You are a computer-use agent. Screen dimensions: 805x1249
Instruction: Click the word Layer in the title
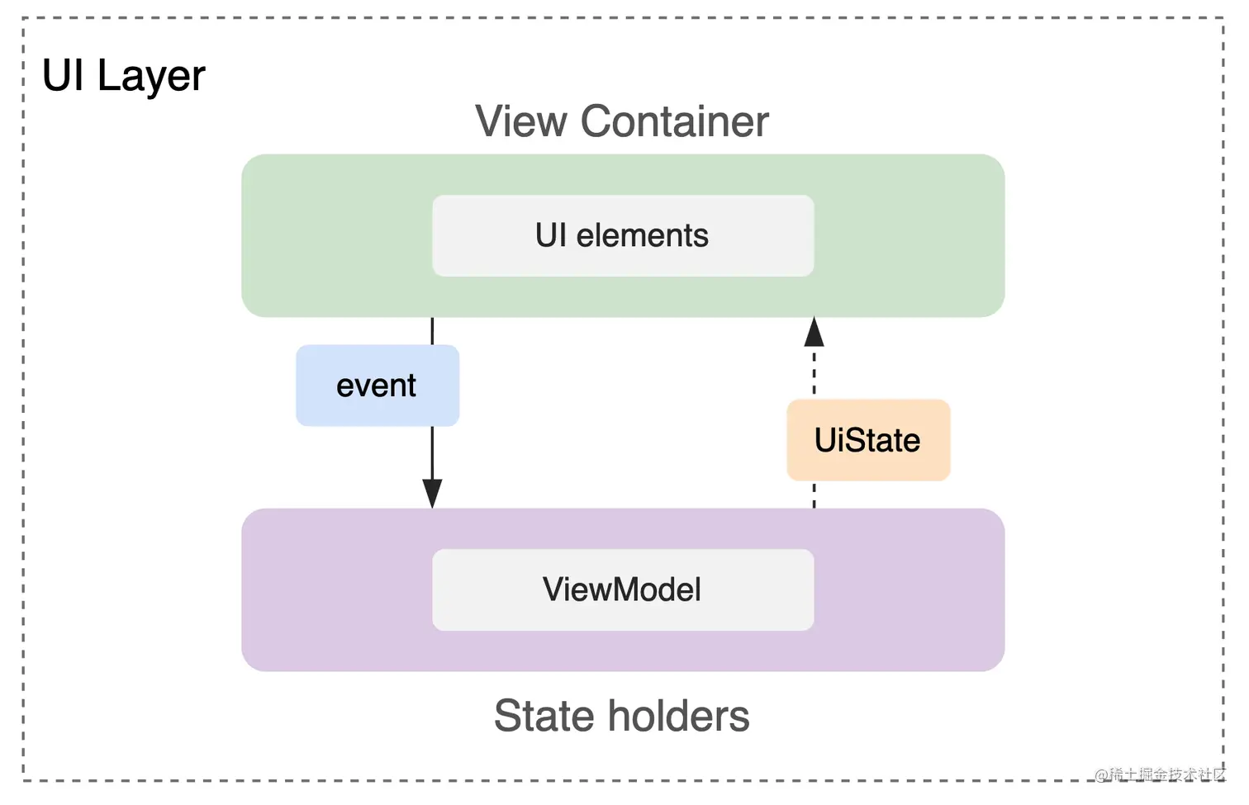coord(151,77)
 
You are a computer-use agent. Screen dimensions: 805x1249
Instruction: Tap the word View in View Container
coord(521,122)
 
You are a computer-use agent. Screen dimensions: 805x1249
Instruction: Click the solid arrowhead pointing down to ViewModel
coord(432,493)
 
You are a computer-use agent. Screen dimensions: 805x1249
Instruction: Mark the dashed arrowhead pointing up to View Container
coord(814,332)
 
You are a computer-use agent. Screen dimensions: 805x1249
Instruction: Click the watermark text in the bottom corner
coord(1160,774)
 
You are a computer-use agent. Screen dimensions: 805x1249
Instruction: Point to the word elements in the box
coord(642,236)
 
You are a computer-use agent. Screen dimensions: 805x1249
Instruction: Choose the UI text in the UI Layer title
coord(63,76)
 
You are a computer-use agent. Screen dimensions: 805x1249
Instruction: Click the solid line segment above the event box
coord(432,331)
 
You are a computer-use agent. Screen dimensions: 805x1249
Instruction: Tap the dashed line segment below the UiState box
coord(814,495)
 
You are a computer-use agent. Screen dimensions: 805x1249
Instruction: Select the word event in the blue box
coord(376,386)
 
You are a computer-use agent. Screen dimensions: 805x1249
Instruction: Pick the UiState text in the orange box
coord(867,441)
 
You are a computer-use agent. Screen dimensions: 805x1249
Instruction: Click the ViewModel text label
coord(622,590)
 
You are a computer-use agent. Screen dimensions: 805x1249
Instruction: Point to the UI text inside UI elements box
coord(551,236)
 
